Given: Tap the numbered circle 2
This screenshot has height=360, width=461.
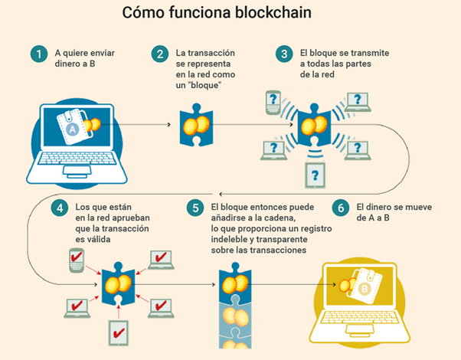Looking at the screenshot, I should point(159,54).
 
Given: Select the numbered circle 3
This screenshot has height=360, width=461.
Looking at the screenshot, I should point(285,54).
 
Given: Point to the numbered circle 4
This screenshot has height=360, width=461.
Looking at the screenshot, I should point(60,208).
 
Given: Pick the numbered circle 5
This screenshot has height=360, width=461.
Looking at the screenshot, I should point(195,208).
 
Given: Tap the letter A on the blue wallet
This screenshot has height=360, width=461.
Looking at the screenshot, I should point(74,132).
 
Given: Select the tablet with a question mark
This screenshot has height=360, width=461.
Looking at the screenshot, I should point(313,175).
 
